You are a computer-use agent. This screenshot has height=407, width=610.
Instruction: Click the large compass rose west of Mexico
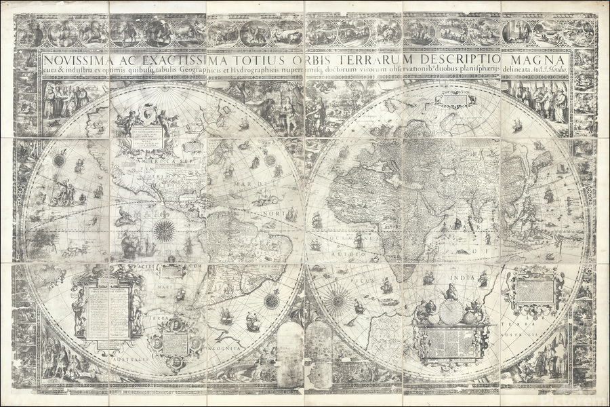tap(163, 231)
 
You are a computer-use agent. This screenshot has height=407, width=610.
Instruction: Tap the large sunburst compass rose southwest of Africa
tap(337, 298)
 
